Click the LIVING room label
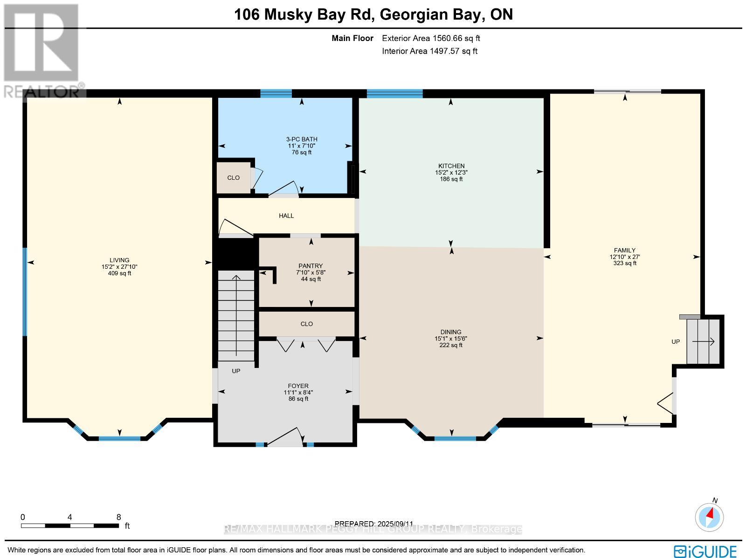point(119,260)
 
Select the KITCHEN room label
point(451,166)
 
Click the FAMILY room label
point(624,250)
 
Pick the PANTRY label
point(311,266)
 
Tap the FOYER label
point(298,386)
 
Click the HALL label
point(286,216)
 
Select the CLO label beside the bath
point(233,177)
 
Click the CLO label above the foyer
point(307,324)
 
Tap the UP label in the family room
point(675,341)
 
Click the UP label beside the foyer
point(236,371)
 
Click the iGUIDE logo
point(705,551)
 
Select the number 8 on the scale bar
point(118,517)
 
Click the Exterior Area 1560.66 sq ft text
point(431,38)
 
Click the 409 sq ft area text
point(119,273)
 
